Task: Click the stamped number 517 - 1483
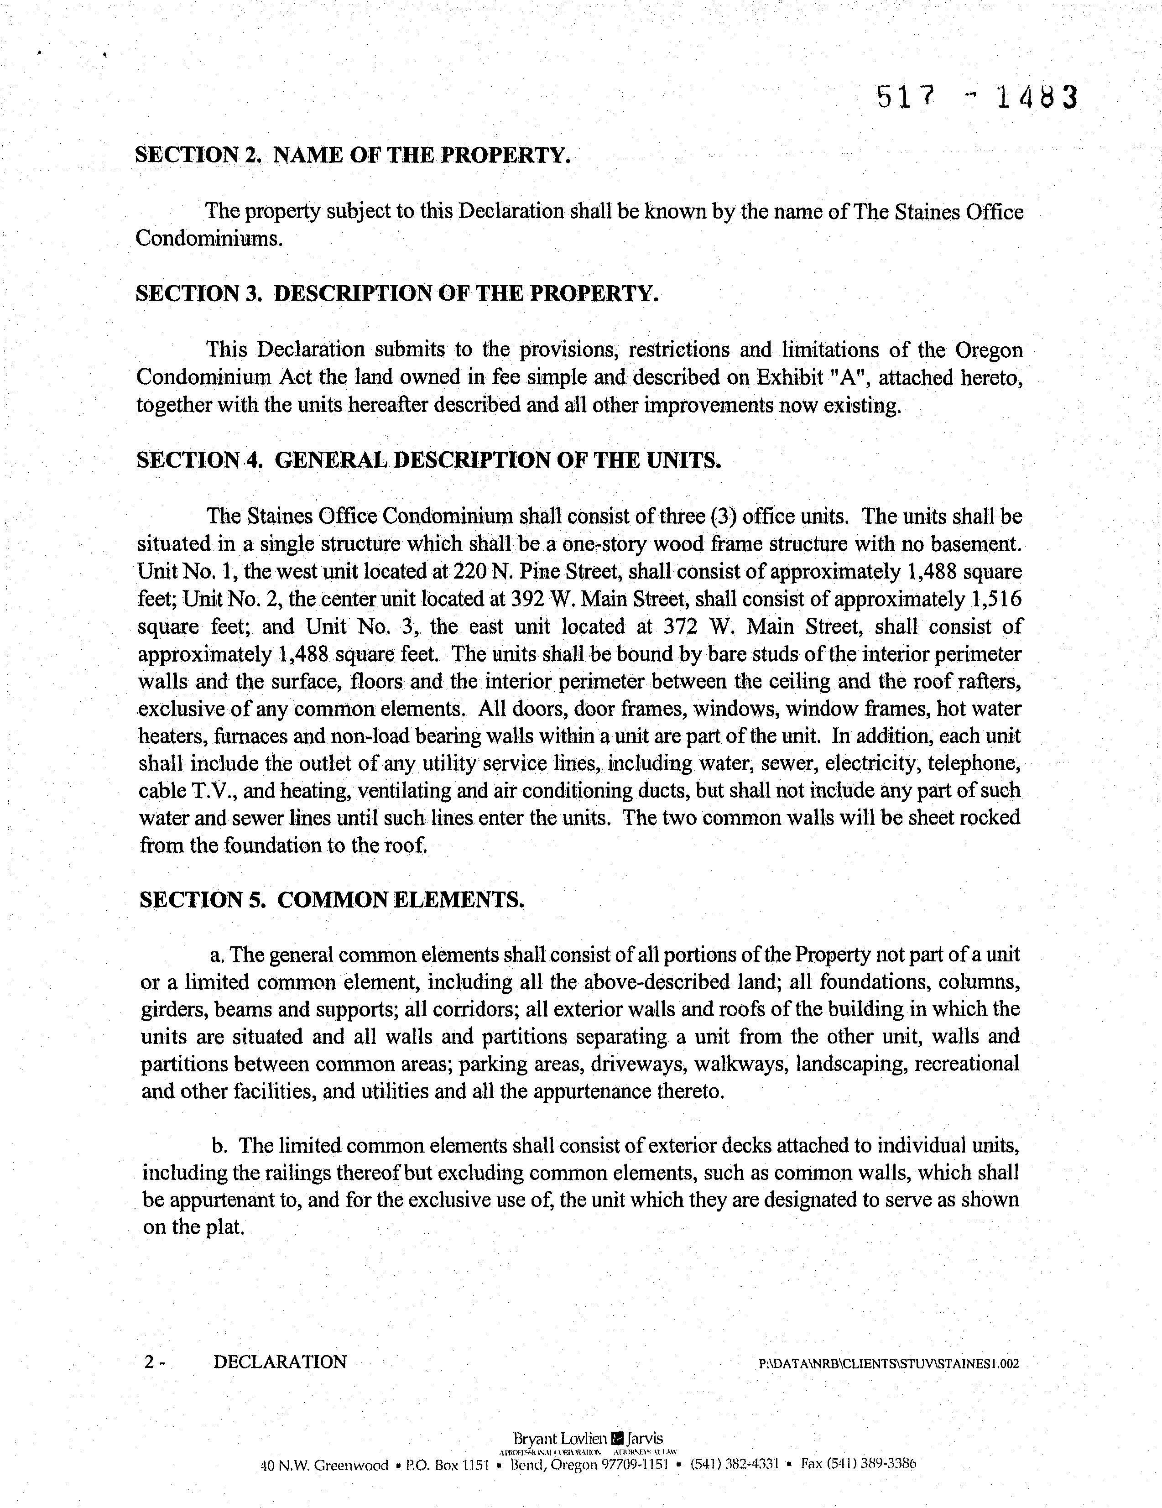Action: pyautogui.click(x=976, y=98)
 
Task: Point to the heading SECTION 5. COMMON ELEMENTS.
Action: pyautogui.click(x=331, y=900)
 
